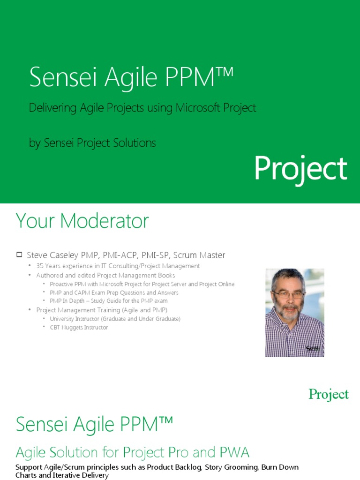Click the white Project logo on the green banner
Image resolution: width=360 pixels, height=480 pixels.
click(301, 169)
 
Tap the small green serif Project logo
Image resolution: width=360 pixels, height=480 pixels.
click(329, 395)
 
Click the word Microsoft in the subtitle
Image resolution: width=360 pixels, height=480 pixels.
click(198, 108)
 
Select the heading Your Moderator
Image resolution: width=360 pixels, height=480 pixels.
click(82, 221)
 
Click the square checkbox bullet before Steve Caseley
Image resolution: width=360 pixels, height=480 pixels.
click(19, 255)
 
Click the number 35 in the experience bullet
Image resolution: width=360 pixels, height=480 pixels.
click(40, 266)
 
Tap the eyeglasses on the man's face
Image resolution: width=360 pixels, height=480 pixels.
click(289, 295)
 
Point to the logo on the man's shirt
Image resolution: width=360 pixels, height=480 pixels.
click(313, 348)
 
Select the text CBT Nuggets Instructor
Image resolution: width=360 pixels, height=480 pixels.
click(79, 328)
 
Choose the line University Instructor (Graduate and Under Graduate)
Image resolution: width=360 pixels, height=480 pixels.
click(115, 319)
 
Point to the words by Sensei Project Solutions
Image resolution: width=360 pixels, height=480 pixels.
click(92, 143)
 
